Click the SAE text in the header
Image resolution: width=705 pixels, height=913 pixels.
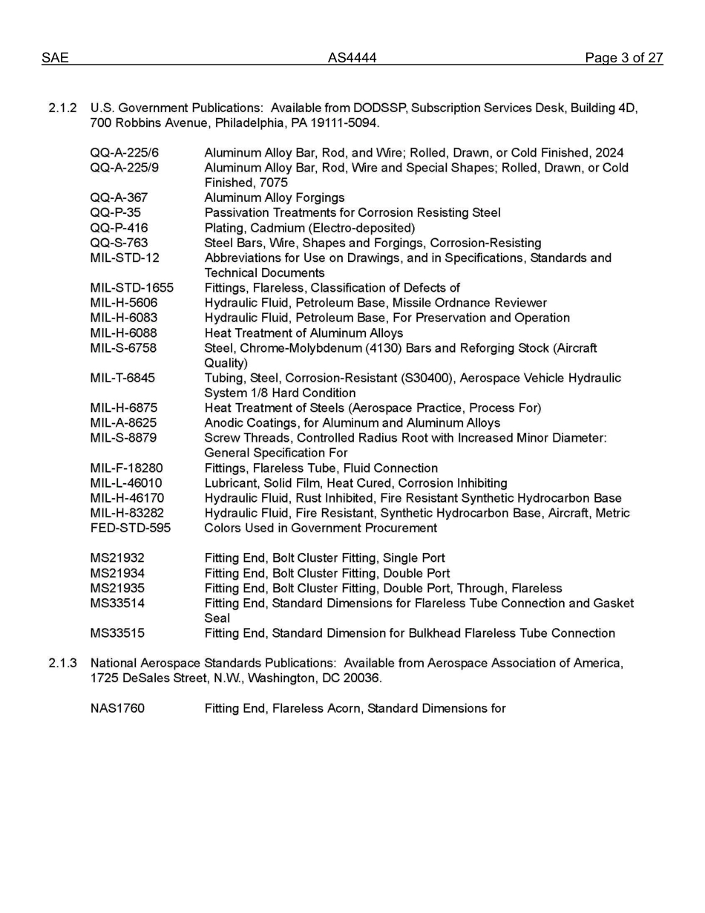[55, 58]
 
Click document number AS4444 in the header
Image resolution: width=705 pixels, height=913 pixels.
[352, 58]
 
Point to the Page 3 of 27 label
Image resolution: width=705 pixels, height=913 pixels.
[623, 58]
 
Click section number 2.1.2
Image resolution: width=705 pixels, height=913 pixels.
[62, 108]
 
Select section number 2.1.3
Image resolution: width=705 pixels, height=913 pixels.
[62, 663]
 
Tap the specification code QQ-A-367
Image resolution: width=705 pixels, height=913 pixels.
[119, 197]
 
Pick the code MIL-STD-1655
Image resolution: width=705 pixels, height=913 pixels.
[131, 288]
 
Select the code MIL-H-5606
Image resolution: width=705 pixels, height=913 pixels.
[123, 303]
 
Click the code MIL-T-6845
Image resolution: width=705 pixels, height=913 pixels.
[122, 378]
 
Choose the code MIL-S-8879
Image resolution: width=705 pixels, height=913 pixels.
[123, 438]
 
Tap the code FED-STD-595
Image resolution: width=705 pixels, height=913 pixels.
[130, 528]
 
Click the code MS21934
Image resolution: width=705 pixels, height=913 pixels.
[117, 573]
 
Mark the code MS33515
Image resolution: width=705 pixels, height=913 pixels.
[117, 633]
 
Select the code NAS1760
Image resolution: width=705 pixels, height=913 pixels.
[117, 708]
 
